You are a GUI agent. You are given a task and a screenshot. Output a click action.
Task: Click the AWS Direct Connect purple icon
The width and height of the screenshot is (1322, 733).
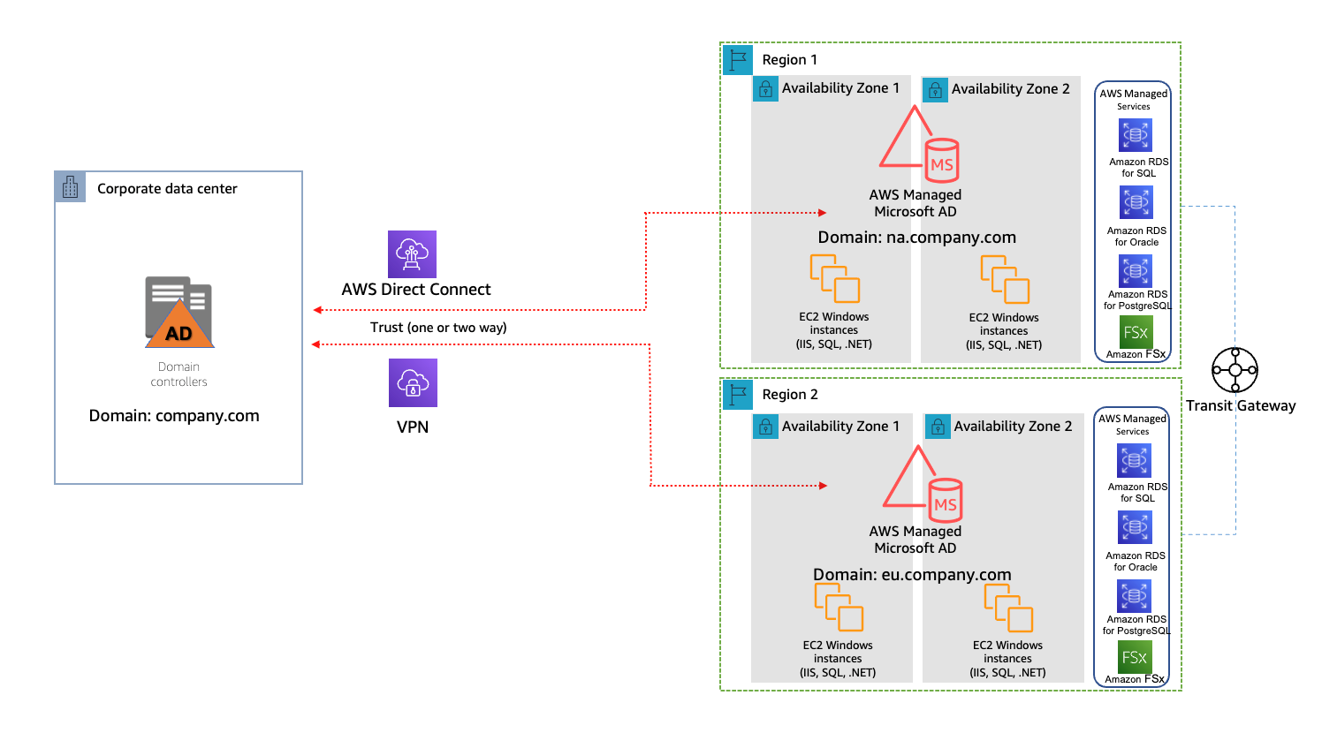(412, 254)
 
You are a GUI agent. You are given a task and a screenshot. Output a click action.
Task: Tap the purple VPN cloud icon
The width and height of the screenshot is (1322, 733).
(414, 382)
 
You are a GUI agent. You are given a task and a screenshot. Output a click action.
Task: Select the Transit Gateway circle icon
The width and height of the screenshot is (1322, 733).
(1235, 370)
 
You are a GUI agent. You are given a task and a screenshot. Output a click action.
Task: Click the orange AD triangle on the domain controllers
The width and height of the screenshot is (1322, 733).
(179, 324)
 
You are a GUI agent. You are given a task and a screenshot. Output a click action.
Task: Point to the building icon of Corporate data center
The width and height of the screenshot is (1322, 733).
(70, 187)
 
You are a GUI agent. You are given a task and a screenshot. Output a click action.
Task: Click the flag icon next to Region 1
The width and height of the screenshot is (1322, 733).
(738, 59)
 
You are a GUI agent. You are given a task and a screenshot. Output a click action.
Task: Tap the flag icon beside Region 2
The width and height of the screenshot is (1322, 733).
(738, 395)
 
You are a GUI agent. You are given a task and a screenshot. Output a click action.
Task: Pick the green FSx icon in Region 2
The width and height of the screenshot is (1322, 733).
(1135, 657)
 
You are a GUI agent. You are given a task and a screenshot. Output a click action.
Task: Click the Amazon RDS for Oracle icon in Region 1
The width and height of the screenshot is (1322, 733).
(1136, 203)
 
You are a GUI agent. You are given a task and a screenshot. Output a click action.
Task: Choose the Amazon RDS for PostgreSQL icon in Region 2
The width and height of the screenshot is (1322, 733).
(1135, 596)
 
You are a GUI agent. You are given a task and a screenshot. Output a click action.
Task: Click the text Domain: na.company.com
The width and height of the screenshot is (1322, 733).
(917, 237)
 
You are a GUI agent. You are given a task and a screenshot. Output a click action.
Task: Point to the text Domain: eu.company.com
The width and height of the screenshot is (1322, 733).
(913, 574)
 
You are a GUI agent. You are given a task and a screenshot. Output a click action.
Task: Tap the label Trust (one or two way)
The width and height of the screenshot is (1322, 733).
(438, 328)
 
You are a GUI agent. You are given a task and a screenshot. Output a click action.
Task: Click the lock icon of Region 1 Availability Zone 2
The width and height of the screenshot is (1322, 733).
(936, 90)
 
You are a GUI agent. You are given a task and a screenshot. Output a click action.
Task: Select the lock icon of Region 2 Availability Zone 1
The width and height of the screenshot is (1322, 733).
(765, 427)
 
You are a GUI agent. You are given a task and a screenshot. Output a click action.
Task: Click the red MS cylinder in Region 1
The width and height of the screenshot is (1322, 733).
(942, 160)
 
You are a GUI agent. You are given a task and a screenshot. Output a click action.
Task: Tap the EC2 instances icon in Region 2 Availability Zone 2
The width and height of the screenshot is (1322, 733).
(1008, 608)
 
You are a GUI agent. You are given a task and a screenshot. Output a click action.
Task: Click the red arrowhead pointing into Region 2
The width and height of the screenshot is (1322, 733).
(824, 486)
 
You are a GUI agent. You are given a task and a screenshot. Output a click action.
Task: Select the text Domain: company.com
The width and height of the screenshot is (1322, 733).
(174, 416)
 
